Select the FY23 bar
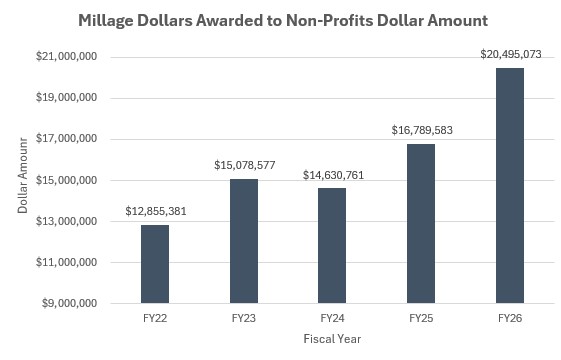[244, 241]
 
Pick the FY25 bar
[421, 223]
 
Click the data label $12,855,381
[155, 211]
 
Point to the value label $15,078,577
[244, 165]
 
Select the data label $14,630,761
[333, 175]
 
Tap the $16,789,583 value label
[421, 130]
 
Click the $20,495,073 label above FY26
[510, 54]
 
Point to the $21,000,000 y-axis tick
[64, 57]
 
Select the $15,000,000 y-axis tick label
[64, 180]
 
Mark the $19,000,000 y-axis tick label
[64, 98]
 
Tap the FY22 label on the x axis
[155, 318]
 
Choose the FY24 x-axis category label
[333, 318]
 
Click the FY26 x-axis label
[510, 318]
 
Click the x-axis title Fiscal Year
[332, 339]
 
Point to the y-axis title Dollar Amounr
[22, 179]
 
